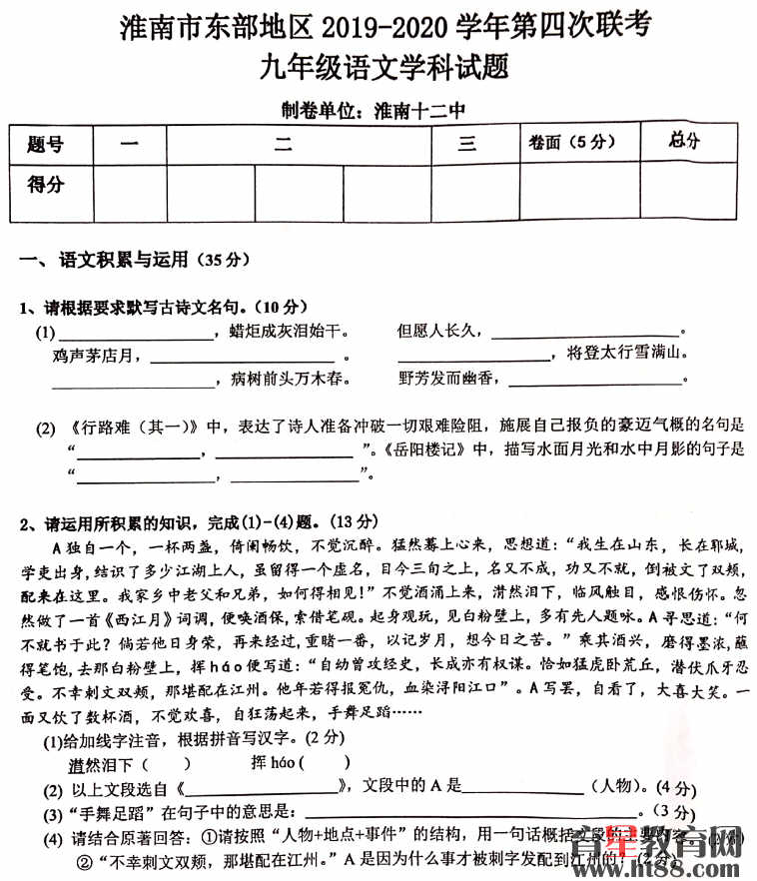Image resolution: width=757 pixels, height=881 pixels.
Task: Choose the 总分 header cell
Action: click(684, 141)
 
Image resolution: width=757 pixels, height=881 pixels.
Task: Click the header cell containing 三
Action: click(466, 145)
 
